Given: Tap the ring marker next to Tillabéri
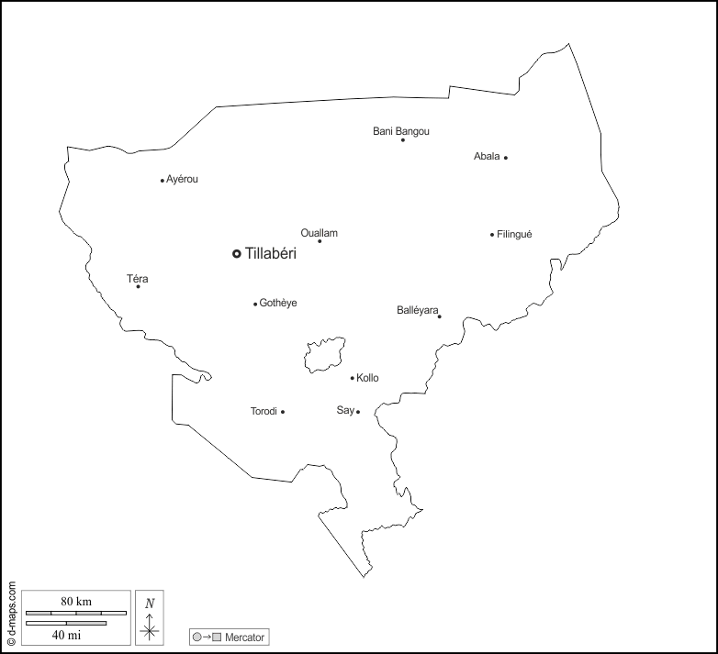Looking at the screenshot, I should coord(236,254).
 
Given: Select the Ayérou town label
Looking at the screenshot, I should coord(182,180).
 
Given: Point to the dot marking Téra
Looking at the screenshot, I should coord(139,286).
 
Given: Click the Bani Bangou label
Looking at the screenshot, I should coord(401,132).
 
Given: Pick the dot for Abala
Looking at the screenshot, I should coord(505,158).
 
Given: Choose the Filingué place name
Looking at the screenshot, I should coord(514,235).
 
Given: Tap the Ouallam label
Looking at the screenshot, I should coord(320,233).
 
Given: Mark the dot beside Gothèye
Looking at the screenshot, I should coord(255,304).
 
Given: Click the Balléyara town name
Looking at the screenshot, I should coord(418,310).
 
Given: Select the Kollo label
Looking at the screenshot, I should coord(367,378).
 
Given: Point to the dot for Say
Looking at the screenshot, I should coord(358,412).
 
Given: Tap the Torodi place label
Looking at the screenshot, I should coord(264,412).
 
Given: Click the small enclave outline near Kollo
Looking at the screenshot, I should coord(325,354).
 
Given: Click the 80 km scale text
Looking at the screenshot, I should coord(76,602).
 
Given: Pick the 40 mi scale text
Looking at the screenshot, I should coord(65,634).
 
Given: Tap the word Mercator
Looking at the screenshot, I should coord(244,637).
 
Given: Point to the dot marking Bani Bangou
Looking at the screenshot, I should coord(402,139).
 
